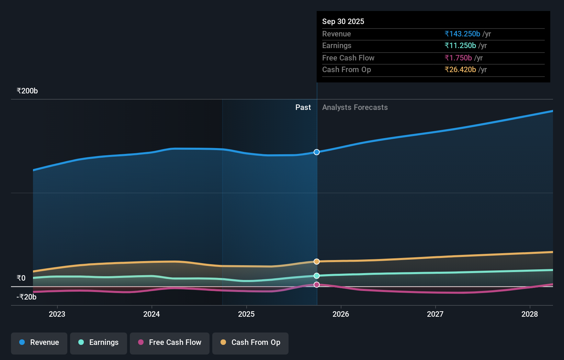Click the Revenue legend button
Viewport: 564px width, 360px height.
[39, 343]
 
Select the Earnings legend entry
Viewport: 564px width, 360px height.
[99, 343]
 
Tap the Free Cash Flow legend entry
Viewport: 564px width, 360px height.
[170, 343]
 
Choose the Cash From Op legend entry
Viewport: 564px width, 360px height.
[250, 343]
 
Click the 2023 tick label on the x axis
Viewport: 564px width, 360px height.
[57, 314]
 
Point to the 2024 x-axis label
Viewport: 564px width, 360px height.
[151, 314]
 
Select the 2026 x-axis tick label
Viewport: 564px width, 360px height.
[341, 314]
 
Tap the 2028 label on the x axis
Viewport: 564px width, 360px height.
[530, 314]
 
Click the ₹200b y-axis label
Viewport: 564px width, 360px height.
[27, 91]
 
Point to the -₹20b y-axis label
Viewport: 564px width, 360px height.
[26, 297]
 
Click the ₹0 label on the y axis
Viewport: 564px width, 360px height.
[21, 278]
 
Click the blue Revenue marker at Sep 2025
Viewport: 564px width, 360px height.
[317, 152]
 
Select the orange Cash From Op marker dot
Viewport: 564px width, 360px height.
[317, 262]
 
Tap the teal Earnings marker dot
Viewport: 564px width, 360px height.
[317, 276]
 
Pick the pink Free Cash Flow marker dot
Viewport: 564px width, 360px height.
[317, 285]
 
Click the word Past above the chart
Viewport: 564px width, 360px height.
[303, 108]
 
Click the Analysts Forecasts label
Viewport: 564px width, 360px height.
[355, 108]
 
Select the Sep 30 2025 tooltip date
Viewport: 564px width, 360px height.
[343, 22]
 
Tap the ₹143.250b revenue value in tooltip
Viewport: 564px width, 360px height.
[462, 34]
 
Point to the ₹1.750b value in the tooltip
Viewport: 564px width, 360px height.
[458, 58]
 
